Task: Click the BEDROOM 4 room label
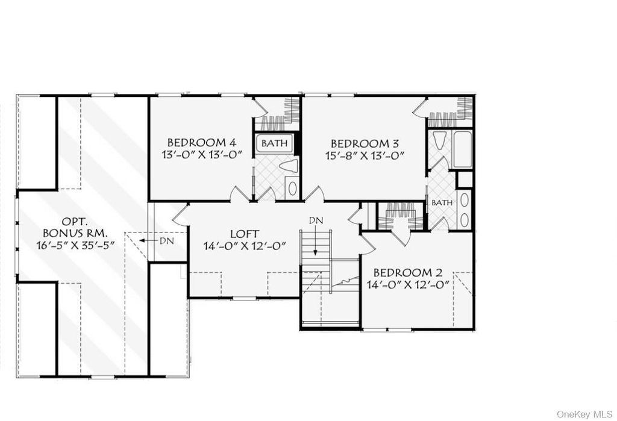[x=201, y=143]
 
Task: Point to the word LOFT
[x=245, y=233]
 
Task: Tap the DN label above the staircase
[x=316, y=220]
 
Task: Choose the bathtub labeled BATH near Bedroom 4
[x=275, y=143]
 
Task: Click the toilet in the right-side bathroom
[x=439, y=143]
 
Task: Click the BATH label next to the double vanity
[x=442, y=203]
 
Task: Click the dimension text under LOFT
[x=245, y=245]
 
